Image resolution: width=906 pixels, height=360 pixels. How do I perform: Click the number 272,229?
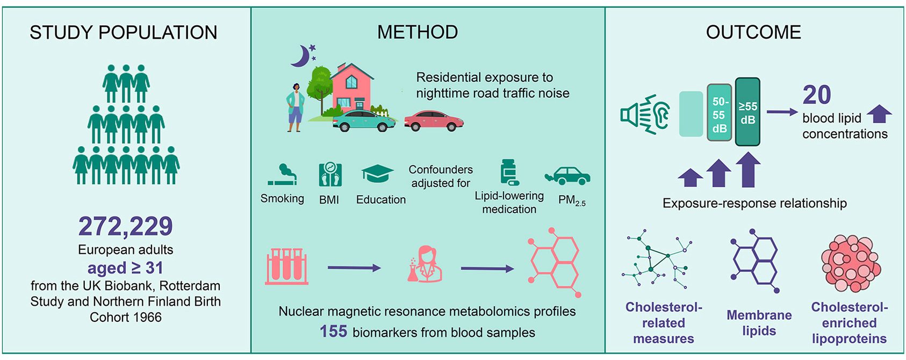(x=125, y=226)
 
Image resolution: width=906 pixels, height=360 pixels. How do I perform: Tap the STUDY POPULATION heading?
(x=123, y=33)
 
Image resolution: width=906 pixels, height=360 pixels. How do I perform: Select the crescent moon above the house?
(x=301, y=56)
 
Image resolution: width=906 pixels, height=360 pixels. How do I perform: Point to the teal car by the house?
(x=364, y=121)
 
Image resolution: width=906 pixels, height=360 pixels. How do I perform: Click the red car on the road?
(x=433, y=121)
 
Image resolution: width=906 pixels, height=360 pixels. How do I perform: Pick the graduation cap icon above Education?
(x=377, y=174)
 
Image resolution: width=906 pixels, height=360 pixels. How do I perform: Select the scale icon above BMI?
(x=329, y=174)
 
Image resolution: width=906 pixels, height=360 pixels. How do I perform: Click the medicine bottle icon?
(x=508, y=172)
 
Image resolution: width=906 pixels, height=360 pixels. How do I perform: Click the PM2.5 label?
(x=572, y=200)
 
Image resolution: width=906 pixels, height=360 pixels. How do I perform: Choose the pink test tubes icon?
(x=287, y=266)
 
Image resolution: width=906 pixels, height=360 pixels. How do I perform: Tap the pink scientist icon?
(x=425, y=264)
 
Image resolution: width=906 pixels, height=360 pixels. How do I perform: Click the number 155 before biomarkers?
(x=333, y=332)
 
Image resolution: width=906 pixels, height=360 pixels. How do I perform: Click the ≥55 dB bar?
(x=747, y=112)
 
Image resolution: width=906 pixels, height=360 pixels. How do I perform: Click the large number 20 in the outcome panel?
(x=817, y=95)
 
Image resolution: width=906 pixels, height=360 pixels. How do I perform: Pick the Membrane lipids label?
(x=759, y=322)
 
